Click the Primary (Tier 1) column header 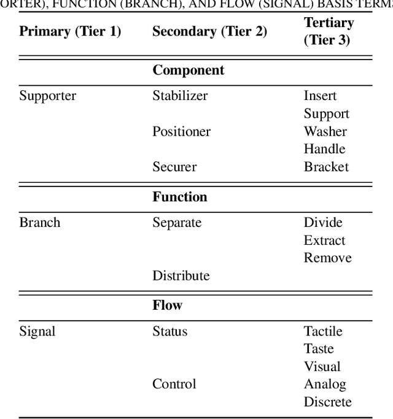(x=70, y=31)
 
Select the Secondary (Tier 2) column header (x=209, y=31)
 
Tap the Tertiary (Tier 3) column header (x=329, y=31)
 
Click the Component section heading (x=188, y=70)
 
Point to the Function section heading (x=180, y=197)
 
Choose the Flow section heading (x=167, y=305)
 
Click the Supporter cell (x=47, y=96)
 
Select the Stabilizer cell (x=180, y=96)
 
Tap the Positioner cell (x=181, y=131)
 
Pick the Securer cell (x=174, y=167)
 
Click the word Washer (x=325, y=131)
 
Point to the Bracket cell (x=326, y=167)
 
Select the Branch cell (x=39, y=222)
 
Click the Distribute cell (x=181, y=275)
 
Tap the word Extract (x=324, y=240)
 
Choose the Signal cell (x=37, y=331)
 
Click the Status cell (x=169, y=331)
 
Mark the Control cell (x=174, y=384)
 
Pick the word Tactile (x=322, y=331)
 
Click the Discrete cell (x=327, y=402)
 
